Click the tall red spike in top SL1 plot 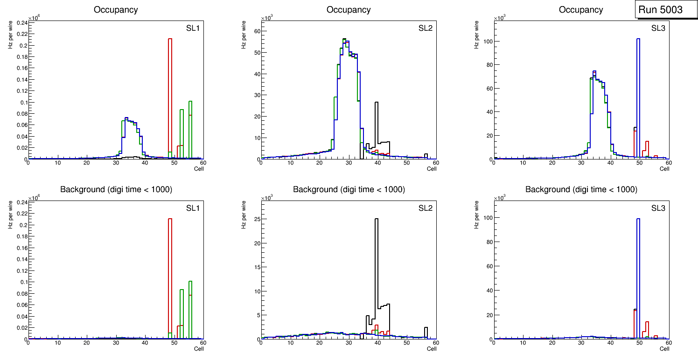pyautogui.click(x=170, y=93)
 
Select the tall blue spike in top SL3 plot pyautogui.click(x=638, y=93)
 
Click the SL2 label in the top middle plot pyautogui.click(x=425, y=26)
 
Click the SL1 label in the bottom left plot pyautogui.click(x=192, y=208)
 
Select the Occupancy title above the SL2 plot pyautogui.click(x=349, y=10)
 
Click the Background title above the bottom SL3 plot pyautogui.click(x=581, y=189)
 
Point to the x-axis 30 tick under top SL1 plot pyautogui.click(x=115, y=163)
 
